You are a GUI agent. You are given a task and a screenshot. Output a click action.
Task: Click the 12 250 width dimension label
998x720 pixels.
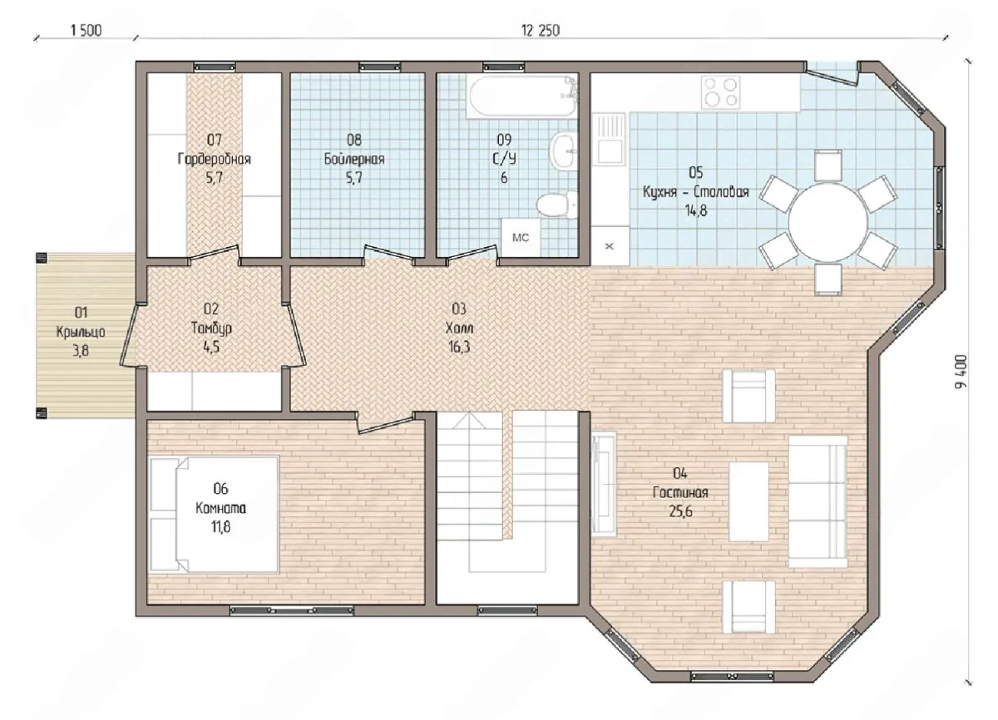(x=541, y=30)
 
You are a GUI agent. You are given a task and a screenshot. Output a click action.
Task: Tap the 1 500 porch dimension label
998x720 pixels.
(x=86, y=30)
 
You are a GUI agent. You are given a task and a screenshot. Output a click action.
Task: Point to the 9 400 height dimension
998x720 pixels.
(x=961, y=372)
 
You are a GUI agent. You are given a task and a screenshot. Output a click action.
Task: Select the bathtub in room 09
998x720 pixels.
(x=522, y=96)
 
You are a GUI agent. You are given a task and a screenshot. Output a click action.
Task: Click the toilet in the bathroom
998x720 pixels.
(x=557, y=205)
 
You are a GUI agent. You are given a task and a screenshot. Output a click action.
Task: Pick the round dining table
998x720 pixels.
(x=828, y=222)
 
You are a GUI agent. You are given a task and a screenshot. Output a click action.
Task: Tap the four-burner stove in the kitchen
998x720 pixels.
(x=720, y=92)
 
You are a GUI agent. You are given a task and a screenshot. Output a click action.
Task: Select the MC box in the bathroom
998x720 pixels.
(x=521, y=237)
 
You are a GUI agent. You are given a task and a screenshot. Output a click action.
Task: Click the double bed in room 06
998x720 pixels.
(x=215, y=514)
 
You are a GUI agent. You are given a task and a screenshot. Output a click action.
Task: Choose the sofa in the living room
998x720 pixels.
(x=818, y=501)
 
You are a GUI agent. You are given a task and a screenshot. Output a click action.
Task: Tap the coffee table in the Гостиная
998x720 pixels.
(x=748, y=501)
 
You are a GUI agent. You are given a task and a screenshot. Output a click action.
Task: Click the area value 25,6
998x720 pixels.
(x=680, y=511)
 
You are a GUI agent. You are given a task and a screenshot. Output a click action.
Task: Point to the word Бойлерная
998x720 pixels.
(x=354, y=159)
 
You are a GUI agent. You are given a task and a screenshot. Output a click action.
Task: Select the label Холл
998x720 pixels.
(x=459, y=328)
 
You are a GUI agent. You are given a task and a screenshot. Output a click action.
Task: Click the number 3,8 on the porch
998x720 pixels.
(x=81, y=351)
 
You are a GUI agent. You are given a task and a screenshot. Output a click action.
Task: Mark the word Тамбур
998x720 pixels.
(x=211, y=328)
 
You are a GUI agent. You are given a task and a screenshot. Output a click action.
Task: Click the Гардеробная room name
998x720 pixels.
(x=215, y=159)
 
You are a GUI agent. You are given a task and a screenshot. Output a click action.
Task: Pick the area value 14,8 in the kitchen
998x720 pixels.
(x=696, y=210)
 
